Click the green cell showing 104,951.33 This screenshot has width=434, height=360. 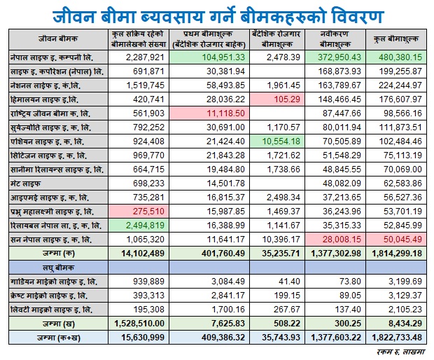[x=209, y=57]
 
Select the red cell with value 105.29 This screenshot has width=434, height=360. [x=277, y=99]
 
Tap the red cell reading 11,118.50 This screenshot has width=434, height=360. [x=209, y=113]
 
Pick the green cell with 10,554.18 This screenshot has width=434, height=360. [x=277, y=141]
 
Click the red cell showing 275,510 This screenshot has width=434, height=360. [x=139, y=212]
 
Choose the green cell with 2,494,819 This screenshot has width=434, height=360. [x=139, y=226]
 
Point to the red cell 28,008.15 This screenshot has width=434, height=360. [x=335, y=240]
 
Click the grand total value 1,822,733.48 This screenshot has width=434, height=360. [x=397, y=338]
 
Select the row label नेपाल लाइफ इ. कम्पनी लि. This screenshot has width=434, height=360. [x=52, y=57]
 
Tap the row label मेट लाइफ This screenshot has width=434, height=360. [x=25, y=184]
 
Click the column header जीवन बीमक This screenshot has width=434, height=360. [x=58, y=39]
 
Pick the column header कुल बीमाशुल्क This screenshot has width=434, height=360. [x=396, y=39]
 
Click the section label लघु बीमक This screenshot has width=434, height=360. [x=58, y=268]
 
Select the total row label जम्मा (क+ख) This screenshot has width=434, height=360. [x=58, y=338]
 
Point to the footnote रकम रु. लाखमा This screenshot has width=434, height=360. [x=400, y=352]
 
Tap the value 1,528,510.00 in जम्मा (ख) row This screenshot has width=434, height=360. [x=139, y=324]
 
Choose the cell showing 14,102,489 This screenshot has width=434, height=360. [x=143, y=254]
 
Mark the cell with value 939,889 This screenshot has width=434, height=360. [x=148, y=282]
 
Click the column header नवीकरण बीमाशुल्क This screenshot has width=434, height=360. [x=335, y=39]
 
